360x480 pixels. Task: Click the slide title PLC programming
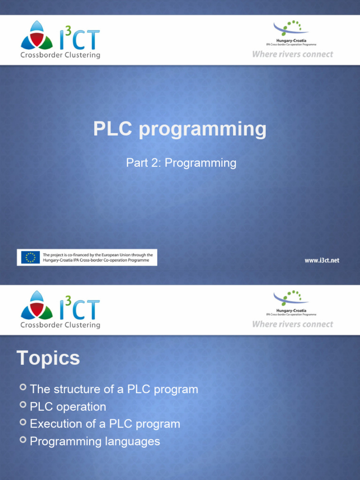(x=180, y=129)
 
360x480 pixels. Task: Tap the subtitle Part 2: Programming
(x=181, y=163)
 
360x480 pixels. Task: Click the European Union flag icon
(x=30, y=257)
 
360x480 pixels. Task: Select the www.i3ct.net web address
(x=322, y=260)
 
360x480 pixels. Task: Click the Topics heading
(x=48, y=359)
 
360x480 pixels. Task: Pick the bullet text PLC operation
(x=68, y=407)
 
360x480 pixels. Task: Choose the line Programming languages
(x=95, y=442)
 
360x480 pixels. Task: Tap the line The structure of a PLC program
(x=114, y=390)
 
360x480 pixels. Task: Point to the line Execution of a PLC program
(x=105, y=424)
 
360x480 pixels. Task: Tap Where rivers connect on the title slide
(x=292, y=54)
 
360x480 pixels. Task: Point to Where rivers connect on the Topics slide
(x=292, y=324)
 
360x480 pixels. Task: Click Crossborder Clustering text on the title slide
(x=60, y=55)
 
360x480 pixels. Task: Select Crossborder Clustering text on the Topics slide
(x=60, y=325)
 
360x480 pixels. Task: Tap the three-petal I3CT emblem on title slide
(x=36, y=36)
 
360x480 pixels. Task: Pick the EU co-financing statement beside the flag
(x=97, y=257)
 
